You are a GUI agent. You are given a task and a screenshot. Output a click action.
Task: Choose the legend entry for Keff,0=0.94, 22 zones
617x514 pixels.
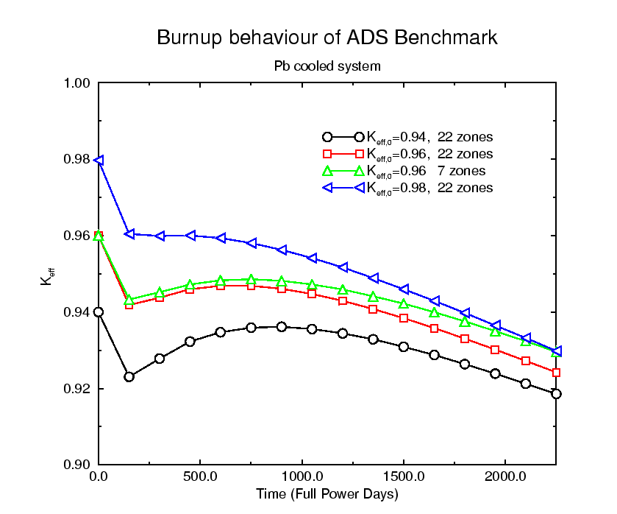pos(429,137)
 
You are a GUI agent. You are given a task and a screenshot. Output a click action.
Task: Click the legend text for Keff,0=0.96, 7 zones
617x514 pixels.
pos(426,171)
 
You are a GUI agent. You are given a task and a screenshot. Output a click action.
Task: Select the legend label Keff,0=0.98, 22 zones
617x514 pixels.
pos(429,188)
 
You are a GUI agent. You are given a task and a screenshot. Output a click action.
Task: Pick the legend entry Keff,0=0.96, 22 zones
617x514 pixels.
pos(429,154)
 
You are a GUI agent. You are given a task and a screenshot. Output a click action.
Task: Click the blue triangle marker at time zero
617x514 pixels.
pos(99,160)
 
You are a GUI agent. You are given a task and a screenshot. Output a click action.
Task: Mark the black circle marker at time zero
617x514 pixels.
pos(99,312)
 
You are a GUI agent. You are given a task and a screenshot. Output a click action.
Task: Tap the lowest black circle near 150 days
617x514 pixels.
pos(129,376)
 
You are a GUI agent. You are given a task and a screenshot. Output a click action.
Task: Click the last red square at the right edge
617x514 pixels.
pos(556,373)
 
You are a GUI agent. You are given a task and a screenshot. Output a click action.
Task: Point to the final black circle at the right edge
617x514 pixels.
pos(556,394)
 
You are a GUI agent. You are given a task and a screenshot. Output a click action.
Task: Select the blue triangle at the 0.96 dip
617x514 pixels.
pos(129,233)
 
